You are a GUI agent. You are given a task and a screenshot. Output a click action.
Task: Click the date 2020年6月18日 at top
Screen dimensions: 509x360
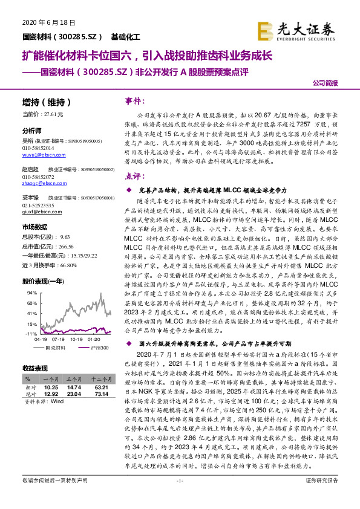click(48, 22)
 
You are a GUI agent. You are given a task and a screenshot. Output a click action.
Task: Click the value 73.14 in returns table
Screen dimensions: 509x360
click(100, 394)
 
